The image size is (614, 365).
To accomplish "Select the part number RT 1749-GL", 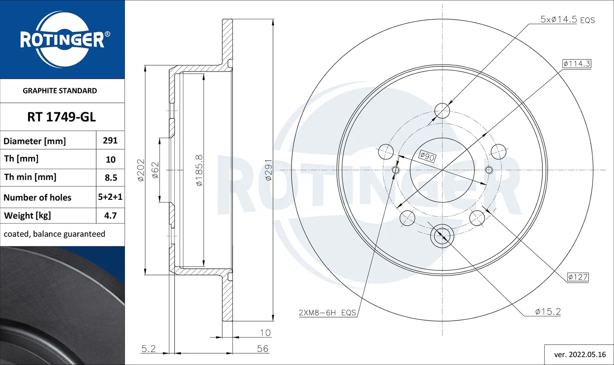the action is (x=61, y=117).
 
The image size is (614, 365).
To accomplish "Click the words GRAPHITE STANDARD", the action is (x=60, y=91).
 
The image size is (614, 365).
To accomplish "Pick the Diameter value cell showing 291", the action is (x=110, y=141).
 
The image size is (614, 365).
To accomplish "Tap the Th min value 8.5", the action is (x=111, y=178).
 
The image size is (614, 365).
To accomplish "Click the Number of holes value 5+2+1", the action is (x=110, y=197).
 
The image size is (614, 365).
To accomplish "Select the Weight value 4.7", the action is (x=111, y=215).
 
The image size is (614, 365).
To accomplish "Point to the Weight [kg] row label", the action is (x=27, y=216).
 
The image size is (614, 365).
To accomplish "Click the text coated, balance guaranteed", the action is (x=54, y=234).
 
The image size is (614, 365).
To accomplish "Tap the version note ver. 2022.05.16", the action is (x=580, y=355).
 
